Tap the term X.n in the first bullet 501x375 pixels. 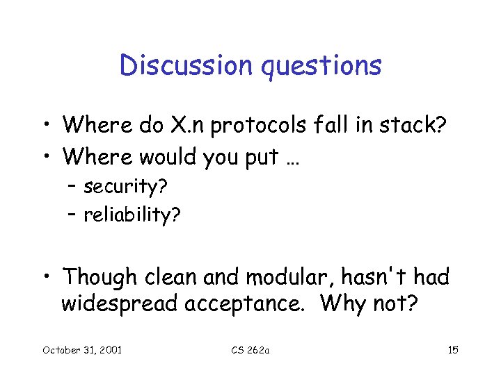[x=184, y=126]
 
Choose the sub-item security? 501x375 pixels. [x=126, y=187]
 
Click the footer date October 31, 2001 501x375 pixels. [x=82, y=349]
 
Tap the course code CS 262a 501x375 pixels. [x=251, y=349]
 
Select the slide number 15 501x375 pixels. [x=453, y=349]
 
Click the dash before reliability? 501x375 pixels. [x=73, y=215]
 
